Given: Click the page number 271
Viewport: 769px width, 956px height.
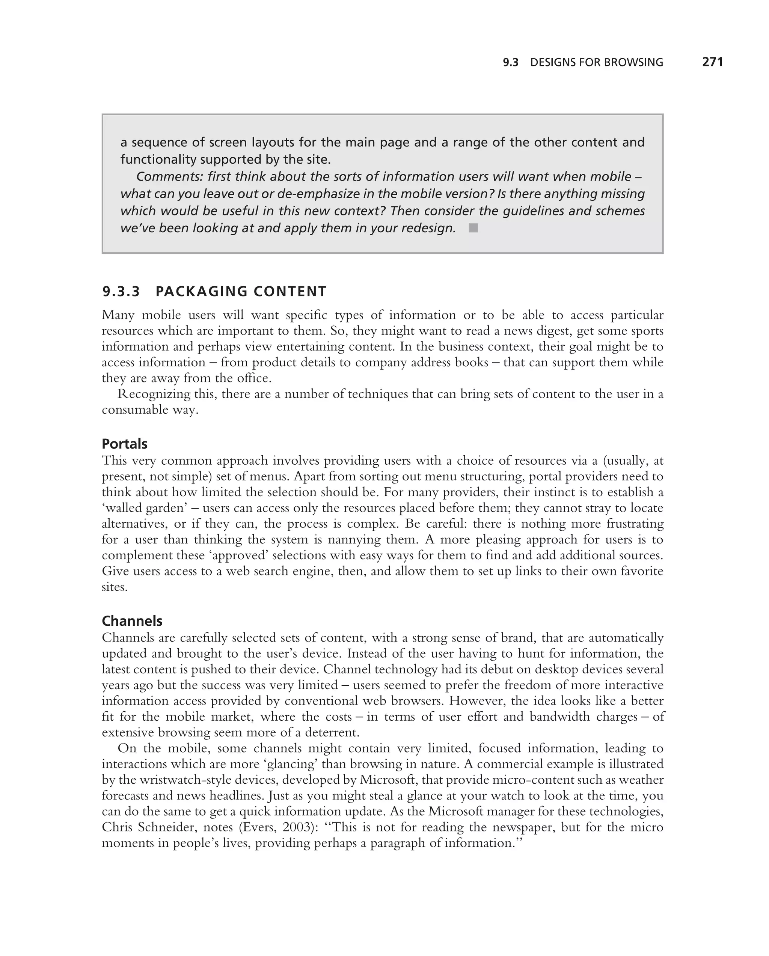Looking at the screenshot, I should pyautogui.click(x=712, y=62).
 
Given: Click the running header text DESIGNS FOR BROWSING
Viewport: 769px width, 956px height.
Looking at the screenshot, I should pyautogui.click(x=597, y=63).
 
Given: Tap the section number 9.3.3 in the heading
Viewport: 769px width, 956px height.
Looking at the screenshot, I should pyautogui.click(x=121, y=291).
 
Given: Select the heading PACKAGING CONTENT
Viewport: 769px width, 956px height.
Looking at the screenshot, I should pyautogui.click(x=241, y=291).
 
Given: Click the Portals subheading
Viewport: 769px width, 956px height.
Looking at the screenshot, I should pyautogui.click(x=125, y=444).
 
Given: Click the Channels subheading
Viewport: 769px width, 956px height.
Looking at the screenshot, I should pyautogui.click(x=132, y=621).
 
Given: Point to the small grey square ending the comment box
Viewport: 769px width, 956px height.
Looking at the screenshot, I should pyautogui.click(x=473, y=228).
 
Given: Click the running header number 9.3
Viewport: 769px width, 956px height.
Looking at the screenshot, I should pyautogui.click(x=510, y=63).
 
